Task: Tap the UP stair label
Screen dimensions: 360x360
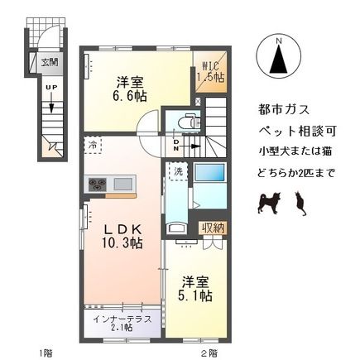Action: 50,88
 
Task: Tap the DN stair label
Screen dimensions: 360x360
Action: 177,146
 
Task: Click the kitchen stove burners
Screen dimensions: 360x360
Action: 97,184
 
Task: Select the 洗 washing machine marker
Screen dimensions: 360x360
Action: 176,171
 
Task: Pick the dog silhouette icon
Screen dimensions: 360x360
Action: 269,201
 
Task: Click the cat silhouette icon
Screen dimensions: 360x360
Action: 301,201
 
